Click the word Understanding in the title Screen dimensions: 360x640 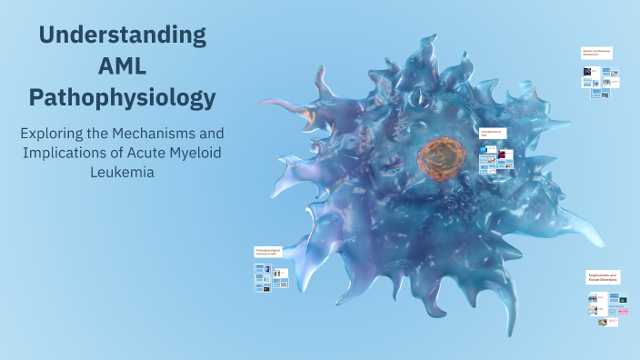tap(122, 36)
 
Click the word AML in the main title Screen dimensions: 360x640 tap(122, 66)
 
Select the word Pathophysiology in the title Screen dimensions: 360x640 tap(122, 96)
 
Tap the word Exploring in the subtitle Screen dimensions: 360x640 tap(56, 132)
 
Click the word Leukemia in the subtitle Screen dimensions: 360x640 tap(122, 172)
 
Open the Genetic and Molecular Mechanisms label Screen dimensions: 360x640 tap(596, 53)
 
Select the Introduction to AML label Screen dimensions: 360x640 tap(492, 134)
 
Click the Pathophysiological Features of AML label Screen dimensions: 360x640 tap(269, 252)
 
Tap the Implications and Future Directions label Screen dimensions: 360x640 tap(602, 277)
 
